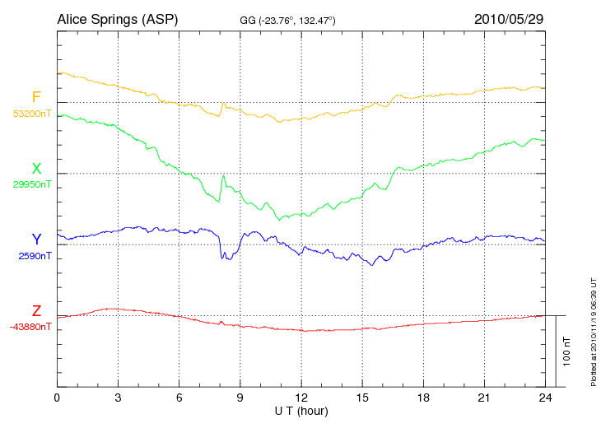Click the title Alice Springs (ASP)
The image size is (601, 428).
pos(117,19)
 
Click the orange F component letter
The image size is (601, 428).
pos(36,97)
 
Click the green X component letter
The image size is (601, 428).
pos(36,169)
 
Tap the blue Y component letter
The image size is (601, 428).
pos(36,240)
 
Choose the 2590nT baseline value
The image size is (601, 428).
pos(35,256)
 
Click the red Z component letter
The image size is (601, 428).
pos(36,311)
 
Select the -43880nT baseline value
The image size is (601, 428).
pos(31,327)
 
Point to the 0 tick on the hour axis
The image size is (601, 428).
pos(57,398)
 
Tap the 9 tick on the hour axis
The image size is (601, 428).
pos(240,398)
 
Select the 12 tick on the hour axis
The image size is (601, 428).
pos(301,398)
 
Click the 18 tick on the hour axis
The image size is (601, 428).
pos(423,398)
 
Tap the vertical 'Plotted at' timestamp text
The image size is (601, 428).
pos(593,329)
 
